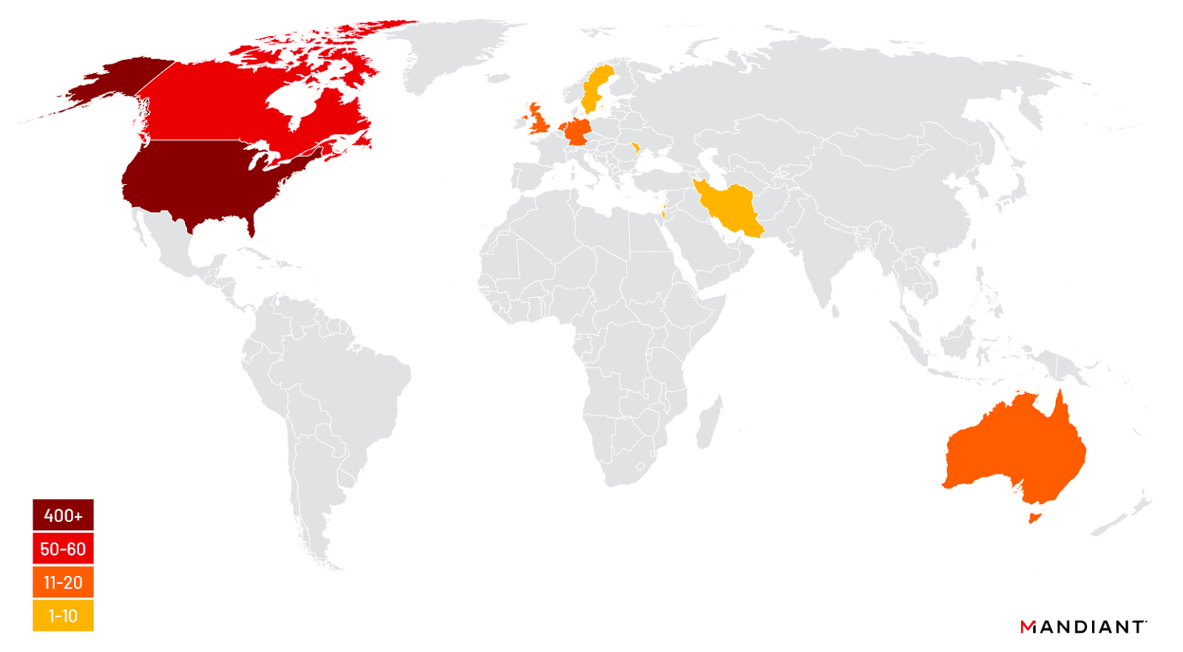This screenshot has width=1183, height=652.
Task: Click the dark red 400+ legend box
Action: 63,515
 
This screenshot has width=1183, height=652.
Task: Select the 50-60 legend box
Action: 63,549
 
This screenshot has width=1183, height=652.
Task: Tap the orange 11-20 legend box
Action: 63,583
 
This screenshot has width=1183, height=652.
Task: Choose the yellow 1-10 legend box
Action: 63,616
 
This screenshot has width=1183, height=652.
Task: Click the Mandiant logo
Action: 1082,627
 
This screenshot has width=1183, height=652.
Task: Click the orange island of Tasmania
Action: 1034,516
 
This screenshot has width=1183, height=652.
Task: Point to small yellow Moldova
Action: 636,147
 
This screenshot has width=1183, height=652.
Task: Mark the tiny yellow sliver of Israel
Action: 664,211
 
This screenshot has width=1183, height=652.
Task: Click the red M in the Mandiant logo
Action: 1027,627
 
